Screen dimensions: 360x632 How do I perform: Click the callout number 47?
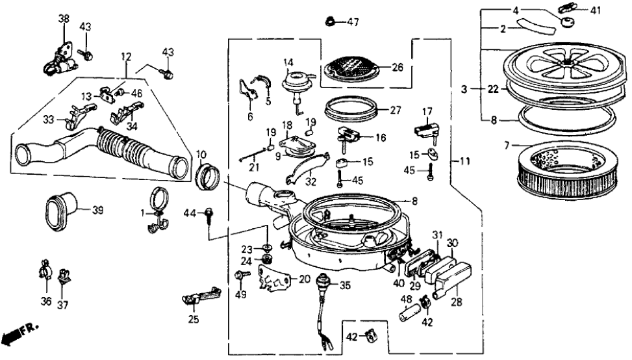[352, 22]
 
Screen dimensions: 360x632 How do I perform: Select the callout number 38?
[63, 19]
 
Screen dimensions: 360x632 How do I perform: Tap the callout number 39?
[98, 209]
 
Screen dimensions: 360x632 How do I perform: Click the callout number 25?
[193, 319]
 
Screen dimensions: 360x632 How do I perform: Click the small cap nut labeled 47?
[331, 21]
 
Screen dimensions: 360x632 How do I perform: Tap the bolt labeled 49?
[240, 277]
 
